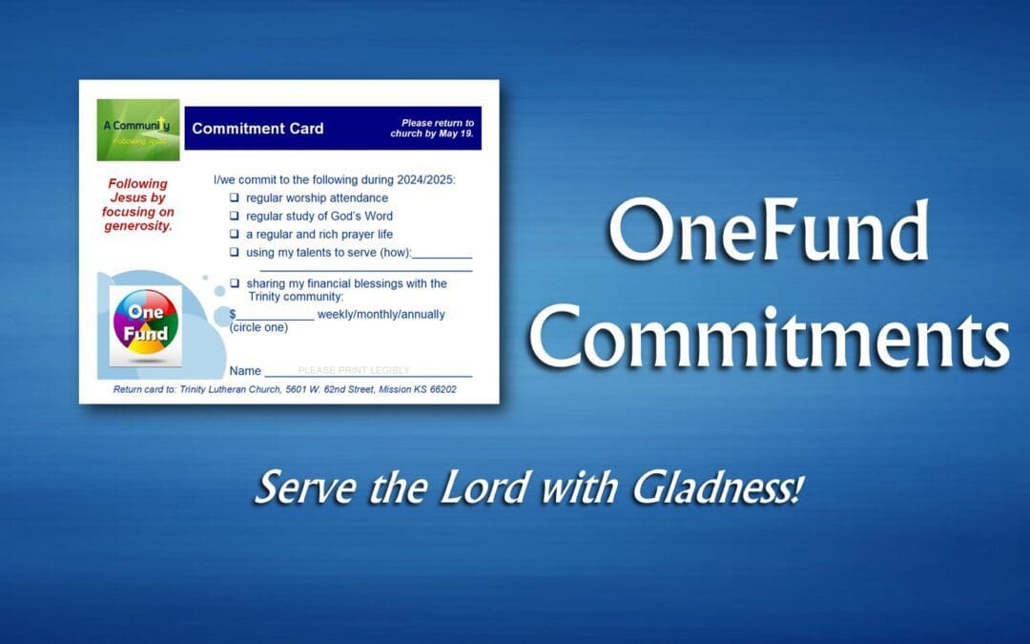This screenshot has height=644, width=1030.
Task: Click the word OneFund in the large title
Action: coord(769,234)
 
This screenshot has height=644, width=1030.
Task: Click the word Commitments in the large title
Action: coord(769,336)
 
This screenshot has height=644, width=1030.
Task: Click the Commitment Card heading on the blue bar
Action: coord(257,129)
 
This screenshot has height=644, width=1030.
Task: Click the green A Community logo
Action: coord(137,130)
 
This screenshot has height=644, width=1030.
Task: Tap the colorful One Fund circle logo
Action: coord(145,321)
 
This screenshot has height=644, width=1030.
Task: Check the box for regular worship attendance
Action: coord(235,197)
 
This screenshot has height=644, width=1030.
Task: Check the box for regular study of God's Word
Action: coord(235,216)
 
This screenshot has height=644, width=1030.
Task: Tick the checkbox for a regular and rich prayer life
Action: coord(235,234)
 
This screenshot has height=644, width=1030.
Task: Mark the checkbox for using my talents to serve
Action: coord(235,252)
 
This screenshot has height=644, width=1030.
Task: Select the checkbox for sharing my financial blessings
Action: coord(235,283)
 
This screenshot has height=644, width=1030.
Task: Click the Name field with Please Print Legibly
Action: coord(367,370)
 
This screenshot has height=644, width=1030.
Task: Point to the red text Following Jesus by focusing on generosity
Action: coord(137,204)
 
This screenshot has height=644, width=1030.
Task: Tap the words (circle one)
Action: coord(258,327)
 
